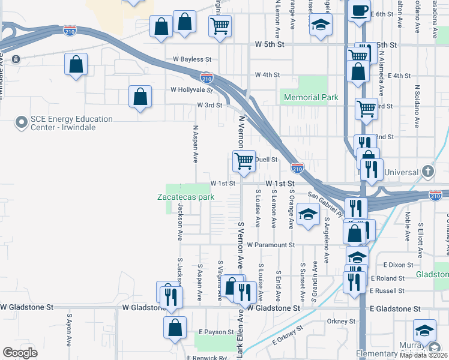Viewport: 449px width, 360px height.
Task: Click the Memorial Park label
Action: point(311,97)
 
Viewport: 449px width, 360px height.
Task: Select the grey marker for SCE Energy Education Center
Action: point(22,122)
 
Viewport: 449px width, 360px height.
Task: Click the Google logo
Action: point(20,353)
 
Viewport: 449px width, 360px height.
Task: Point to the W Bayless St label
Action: point(192,60)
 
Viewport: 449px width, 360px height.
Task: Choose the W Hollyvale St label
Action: point(191,90)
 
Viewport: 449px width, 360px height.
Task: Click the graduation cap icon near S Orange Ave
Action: point(308,214)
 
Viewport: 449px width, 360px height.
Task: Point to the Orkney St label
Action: point(342,322)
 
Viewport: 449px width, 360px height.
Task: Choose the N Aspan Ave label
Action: point(195,144)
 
